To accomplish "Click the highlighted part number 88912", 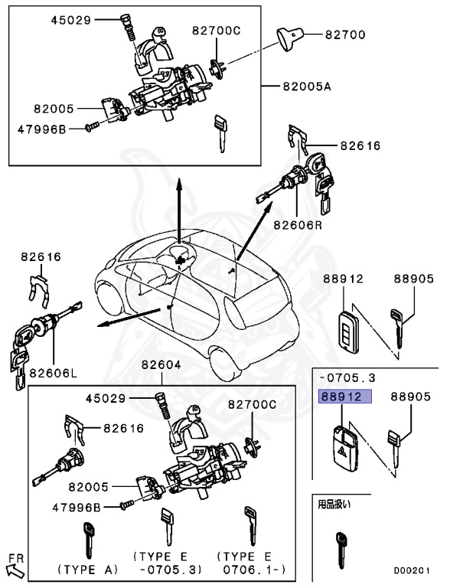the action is (x=341, y=397).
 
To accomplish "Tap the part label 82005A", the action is (x=307, y=87).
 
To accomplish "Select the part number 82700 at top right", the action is (x=345, y=34).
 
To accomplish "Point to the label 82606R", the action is (x=298, y=224).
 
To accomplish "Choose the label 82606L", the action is (x=54, y=373).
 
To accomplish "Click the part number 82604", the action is (x=161, y=364).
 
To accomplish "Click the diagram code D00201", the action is (x=412, y=570).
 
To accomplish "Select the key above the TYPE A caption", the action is (x=89, y=541).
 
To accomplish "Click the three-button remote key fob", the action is (x=349, y=331).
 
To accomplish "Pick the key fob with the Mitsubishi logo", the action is (x=345, y=449).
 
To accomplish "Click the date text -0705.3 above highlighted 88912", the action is (x=347, y=377).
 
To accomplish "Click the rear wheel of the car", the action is (x=226, y=362).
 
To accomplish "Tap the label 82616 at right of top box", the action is (x=360, y=145).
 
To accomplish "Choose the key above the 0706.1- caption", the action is (x=250, y=526).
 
